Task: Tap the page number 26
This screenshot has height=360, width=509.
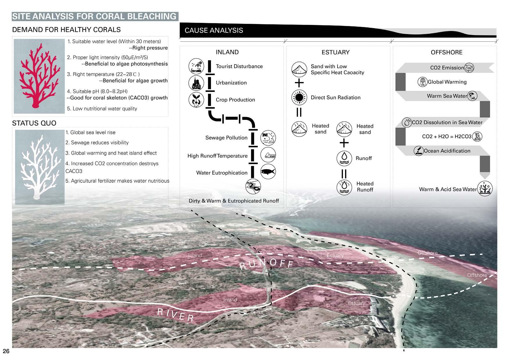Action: [x=6, y=351]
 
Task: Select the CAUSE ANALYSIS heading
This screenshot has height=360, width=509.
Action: [x=214, y=30]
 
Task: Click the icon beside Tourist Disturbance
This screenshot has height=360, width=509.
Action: [x=196, y=66]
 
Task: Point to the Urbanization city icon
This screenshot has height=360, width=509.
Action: [x=196, y=83]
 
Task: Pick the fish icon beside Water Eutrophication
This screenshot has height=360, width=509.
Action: [x=268, y=171]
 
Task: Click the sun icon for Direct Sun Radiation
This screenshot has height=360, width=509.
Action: [x=299, y=97]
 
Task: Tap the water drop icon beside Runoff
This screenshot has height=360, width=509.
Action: [x=344, y=158]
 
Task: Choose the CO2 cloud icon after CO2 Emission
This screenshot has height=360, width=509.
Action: [x=469, y=68]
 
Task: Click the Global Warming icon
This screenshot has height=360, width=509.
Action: [x=423, y=82]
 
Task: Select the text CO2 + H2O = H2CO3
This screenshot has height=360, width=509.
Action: [x=447, y=136]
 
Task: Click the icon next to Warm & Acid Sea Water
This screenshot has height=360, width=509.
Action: [x=485, y=189]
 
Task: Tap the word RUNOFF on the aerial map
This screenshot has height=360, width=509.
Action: [x=266, y=264]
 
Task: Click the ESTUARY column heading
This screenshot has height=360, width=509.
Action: [x=335, y=52]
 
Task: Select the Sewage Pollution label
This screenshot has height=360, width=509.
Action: [x=226, y=138]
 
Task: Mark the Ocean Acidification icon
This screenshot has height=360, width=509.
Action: [x=418, y=151]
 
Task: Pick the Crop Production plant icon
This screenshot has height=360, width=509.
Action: [x=196, y=100]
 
